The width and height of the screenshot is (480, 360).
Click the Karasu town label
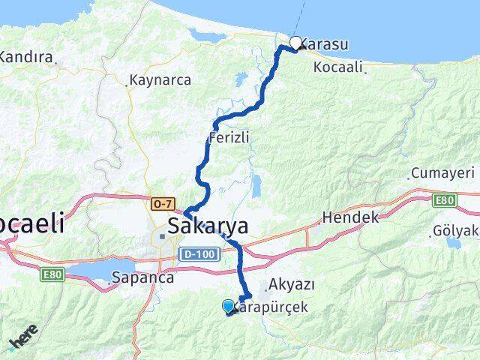325,44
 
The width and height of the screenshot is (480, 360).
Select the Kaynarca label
160,79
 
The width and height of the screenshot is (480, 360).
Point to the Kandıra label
26,57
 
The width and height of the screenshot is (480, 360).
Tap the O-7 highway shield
163,204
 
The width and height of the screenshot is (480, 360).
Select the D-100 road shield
198,255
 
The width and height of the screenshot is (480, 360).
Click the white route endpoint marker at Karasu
296,43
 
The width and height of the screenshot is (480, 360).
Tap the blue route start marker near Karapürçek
228,306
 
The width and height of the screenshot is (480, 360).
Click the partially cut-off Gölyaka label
457,231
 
